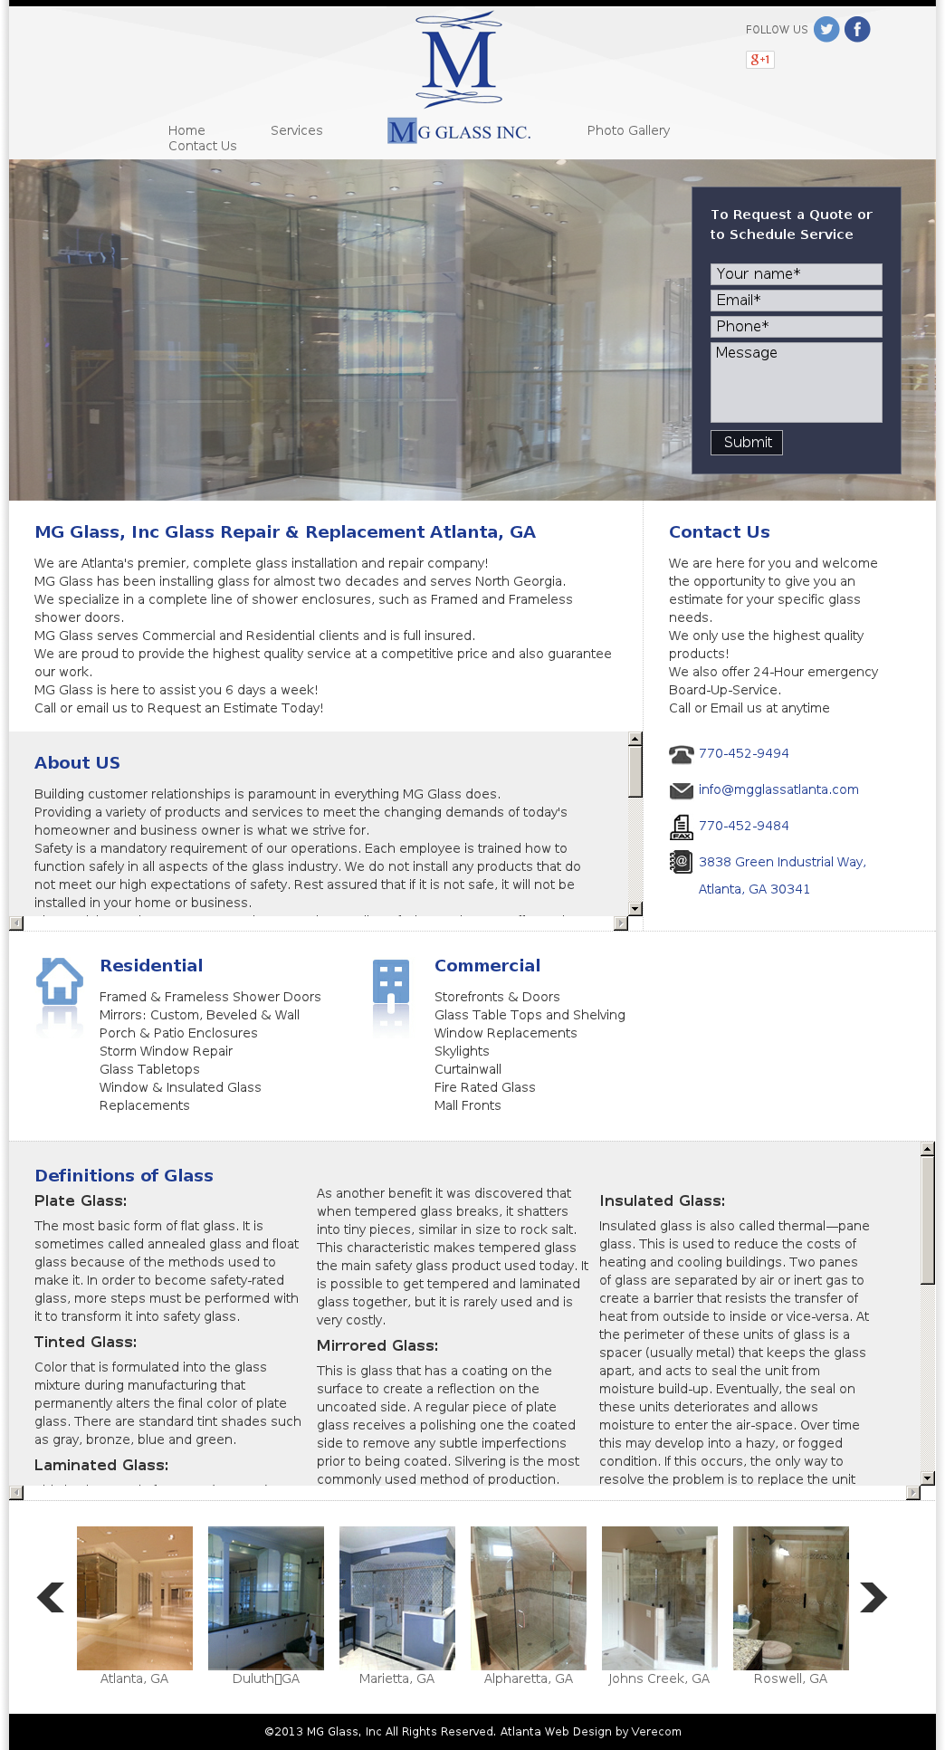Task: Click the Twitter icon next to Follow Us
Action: pos(826,30)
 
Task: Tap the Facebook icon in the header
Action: pos(857,30)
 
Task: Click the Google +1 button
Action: pos(759,60)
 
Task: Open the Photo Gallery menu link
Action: pos(628,130)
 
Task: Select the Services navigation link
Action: pos(296,130)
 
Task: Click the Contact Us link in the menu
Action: pos(202,146)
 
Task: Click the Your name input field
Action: pos(796,274)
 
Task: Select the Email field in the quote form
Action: pos(796,301)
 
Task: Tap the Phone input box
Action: pos(796,327)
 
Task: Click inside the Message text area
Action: pos(796,382)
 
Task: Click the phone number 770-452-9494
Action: pos(743,753)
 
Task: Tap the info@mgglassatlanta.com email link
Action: pos(778,789)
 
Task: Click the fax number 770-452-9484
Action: pos(743,826)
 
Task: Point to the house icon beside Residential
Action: pos(60,981)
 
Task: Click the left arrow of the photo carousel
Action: pos(51,1598)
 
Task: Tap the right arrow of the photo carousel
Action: pos(873,1598)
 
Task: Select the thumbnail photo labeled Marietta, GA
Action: pos(397,1598)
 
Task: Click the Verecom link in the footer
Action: pos(656,1732)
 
